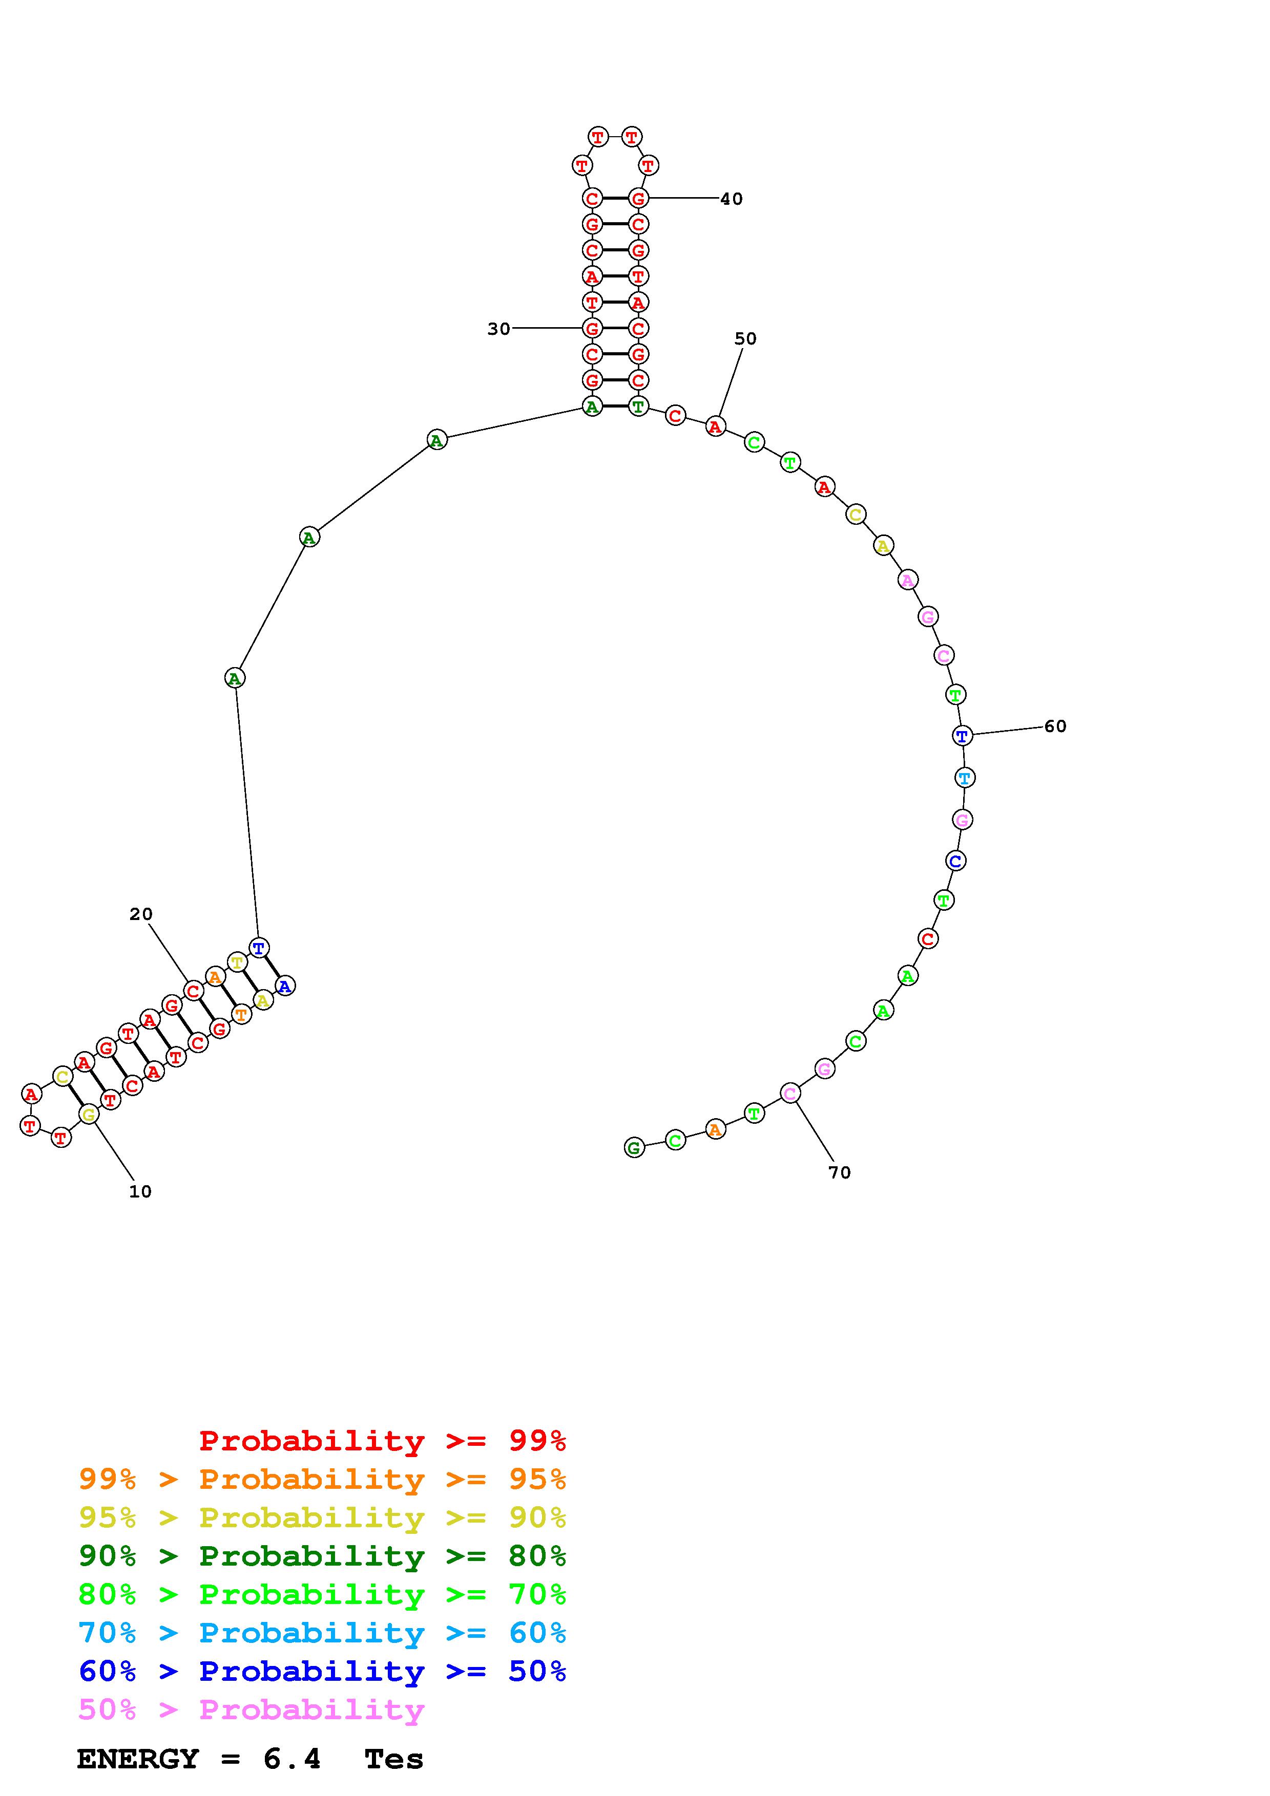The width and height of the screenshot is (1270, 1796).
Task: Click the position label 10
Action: (140, 1191)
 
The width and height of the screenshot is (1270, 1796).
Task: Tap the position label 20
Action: (141, 914)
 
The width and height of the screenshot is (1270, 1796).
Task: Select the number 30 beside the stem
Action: (498, 329)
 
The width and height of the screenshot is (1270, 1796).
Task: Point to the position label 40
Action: (732, 199)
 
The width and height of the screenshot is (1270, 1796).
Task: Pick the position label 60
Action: (1055, 726)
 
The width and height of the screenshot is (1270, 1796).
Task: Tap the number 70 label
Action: (840, 1172)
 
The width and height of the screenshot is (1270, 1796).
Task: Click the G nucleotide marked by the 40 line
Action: (638, 199)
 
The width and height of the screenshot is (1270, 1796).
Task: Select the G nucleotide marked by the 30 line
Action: (592, 329)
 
